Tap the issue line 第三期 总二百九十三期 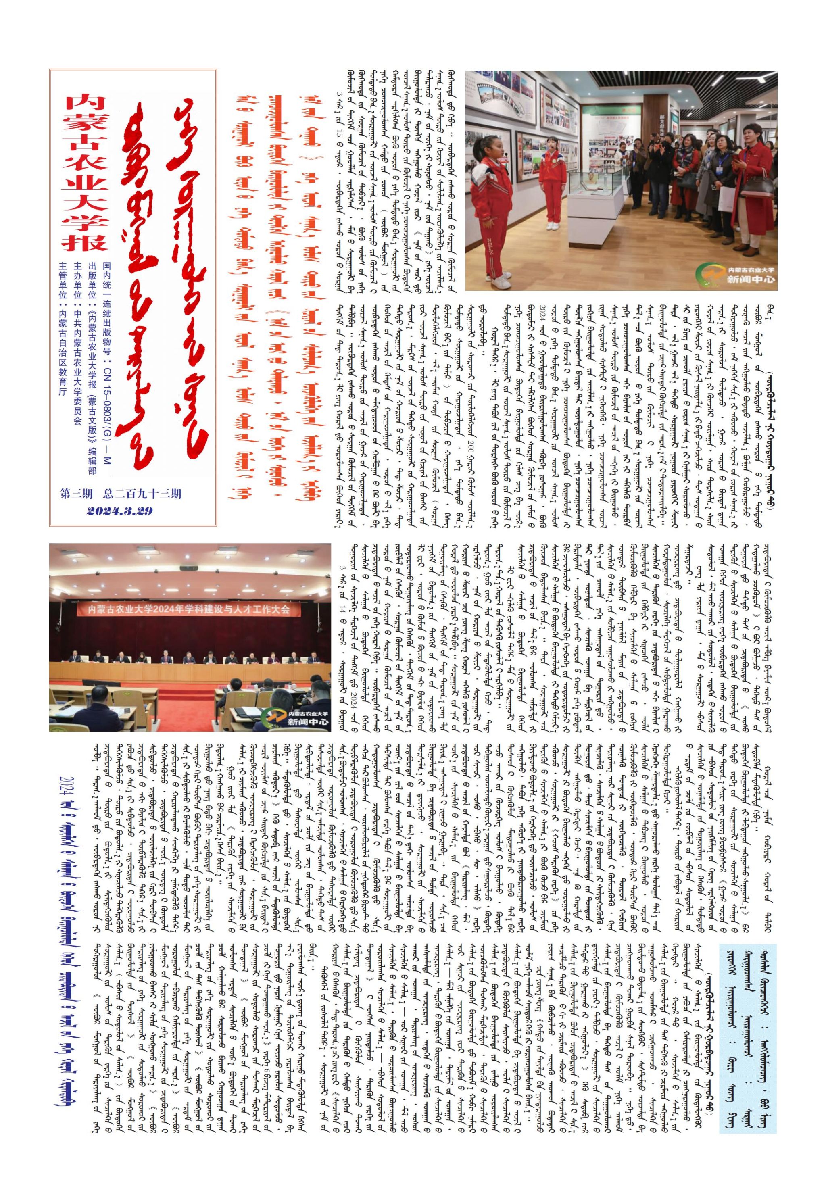120,494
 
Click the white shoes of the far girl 553,226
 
